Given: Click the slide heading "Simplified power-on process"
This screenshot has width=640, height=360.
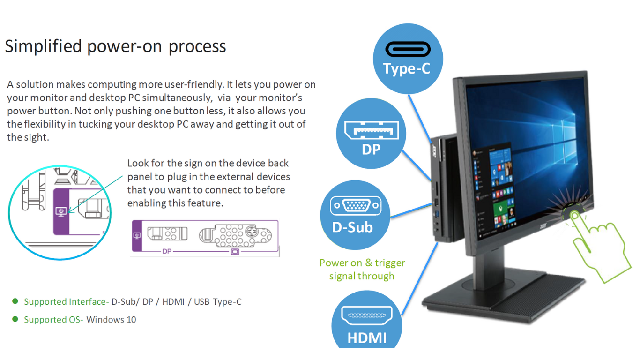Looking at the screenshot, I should point(115,46).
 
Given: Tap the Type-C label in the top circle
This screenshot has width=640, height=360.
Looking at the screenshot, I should point(406,69).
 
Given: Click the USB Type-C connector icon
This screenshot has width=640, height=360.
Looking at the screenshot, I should point(408,49).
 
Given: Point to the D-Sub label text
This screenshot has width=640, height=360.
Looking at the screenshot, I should point(352,227).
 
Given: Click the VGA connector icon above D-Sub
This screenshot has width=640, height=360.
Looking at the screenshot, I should point(356,206).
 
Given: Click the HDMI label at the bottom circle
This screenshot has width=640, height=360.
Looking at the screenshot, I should point(367,337).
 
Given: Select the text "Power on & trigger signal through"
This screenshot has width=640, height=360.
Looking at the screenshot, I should point(362,270).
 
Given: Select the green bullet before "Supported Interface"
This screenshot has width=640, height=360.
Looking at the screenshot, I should point(15,301).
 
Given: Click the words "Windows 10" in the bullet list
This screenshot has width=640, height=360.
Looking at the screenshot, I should point(111,320).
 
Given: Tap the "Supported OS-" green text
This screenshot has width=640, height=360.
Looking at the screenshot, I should point(53,320).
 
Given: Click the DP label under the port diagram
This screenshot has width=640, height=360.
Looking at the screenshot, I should point(167,251).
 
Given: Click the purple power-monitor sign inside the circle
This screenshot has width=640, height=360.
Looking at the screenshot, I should point(61,211).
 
